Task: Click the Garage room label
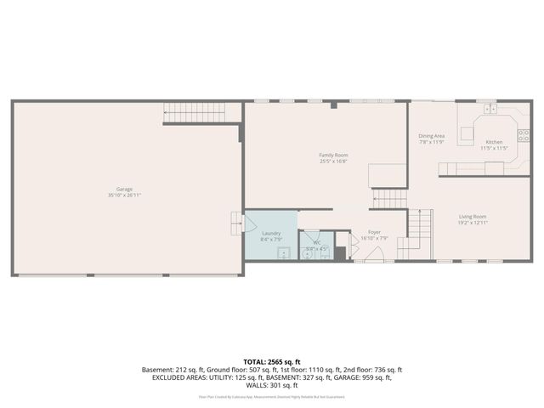[x=124, y=189]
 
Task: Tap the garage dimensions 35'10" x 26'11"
[x=124, y=195]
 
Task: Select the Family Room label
[x=333, y=155]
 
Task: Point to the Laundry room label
[x=271, y=233]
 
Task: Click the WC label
[x=316, y=242]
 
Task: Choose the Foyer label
[x=374, y=232]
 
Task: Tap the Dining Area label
[x=432, y=135]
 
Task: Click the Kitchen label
[x=494, y=142]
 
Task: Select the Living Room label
[x=474, y=217]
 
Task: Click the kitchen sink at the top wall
[x=490, y=109]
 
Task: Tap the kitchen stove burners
[x=524, y=134]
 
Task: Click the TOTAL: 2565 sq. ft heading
[x=271, y=362]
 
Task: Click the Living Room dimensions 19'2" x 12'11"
[x=474, y=224]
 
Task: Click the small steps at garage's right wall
[x=237, y=221]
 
